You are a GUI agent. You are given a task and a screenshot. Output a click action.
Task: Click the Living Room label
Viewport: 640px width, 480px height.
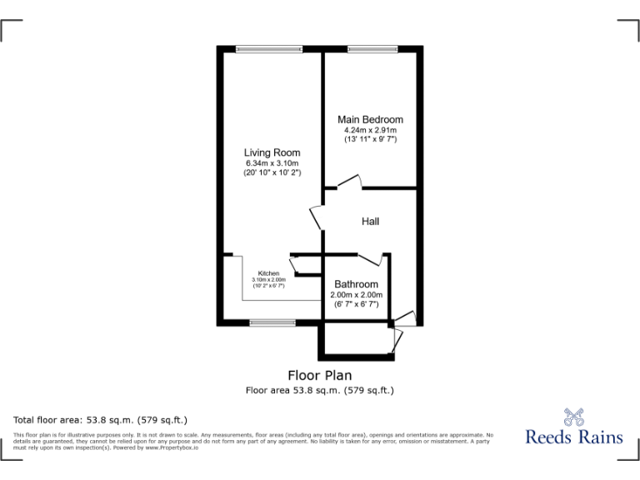click(272, 152)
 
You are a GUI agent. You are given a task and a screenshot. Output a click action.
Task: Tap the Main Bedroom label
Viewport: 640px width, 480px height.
click(370, 120)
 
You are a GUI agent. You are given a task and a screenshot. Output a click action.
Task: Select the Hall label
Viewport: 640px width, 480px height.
click(371, 221)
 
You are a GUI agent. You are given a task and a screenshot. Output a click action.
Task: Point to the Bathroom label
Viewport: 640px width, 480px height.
click(356, 284)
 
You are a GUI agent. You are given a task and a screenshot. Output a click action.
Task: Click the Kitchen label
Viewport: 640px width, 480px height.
click(268, 273)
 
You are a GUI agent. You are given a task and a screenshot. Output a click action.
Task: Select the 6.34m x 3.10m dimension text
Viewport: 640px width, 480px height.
click(272, 163)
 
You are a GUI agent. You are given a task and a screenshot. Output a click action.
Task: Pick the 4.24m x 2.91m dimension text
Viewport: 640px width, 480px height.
click(370, 130)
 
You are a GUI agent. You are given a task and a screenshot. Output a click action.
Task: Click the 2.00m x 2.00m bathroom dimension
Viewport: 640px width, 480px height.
click(356, 294)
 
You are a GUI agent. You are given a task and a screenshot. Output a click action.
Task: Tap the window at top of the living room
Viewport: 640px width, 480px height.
click(257, 48)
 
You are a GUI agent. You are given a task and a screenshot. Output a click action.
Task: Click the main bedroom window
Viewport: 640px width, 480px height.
click(370, 48)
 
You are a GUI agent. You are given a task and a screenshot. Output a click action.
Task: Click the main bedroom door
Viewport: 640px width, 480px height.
click(351, 181)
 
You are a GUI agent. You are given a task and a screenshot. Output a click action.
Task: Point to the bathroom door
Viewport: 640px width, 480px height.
click(372, 257)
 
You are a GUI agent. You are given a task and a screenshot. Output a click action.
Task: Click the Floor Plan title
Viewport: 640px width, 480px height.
click(319, 375)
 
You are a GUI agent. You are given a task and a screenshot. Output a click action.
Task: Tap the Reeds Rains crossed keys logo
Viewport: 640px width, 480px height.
click(573, 417)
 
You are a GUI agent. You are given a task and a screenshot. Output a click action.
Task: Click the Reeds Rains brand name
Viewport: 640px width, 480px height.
click(573, 437)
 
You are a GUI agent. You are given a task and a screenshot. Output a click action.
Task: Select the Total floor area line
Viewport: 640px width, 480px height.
click(101, 419)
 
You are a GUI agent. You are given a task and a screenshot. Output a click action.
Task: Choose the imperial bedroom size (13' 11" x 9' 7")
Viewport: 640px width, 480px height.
click(370, 139)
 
